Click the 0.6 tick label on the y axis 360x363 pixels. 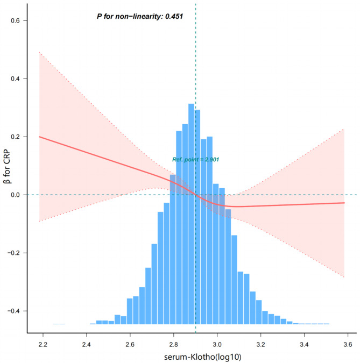tap(15, 20)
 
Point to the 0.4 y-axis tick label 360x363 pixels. tap(15, 79)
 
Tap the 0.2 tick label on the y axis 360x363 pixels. tap(15, 137)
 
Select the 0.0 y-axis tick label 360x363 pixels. tap(15, 195)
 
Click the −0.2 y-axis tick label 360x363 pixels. tap(13, 253)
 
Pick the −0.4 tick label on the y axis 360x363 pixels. tap(13, 311)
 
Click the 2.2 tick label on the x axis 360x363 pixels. tap(43, 345)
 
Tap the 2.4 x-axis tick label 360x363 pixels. tap(87, 345)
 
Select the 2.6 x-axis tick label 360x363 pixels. tap(130, 345)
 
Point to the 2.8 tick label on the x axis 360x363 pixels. tap(173, 345)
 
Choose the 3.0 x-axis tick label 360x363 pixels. tap(217, 345)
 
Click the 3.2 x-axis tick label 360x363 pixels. tap(260, 345)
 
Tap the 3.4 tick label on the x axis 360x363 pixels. tap(304, 345)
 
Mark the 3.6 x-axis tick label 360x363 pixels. tap(348, 345)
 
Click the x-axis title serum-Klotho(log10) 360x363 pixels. tap(203, 357)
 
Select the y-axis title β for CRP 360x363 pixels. tap(7, 167)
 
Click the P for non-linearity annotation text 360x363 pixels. tap(140, 16)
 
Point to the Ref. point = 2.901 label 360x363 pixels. tap(195, 160)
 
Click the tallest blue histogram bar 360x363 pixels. tap(191, 214)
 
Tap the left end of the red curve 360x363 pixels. tap(39, 137)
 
